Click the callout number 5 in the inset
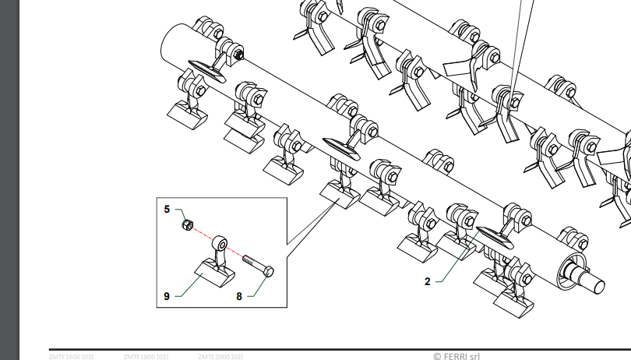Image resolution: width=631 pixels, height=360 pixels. coord(167,209)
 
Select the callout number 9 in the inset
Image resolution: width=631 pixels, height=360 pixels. coord(167,296)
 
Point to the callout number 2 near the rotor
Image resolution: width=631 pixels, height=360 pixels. coord(428,282)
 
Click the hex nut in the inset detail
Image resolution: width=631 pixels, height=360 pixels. coord(187,226)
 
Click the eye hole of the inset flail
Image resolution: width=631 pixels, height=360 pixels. coord(223,243)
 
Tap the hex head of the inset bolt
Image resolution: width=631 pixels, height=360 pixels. coord(268,271)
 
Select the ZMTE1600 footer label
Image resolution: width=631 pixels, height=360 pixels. coord(69,357)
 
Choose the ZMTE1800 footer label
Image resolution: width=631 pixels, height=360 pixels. coord(145,357)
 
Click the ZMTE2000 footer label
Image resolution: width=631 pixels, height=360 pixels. coord(220,357)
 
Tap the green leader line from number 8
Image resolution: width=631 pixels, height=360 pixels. coord(258,288)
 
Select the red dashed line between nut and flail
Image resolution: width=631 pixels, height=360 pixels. coord(204,235)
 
